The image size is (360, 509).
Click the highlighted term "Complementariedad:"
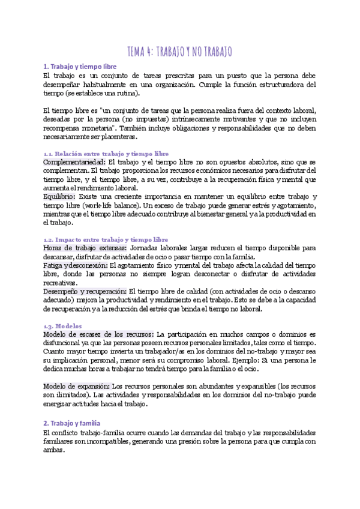click(x=74, y=163)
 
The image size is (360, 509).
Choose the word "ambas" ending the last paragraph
click(x=53, y=450)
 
